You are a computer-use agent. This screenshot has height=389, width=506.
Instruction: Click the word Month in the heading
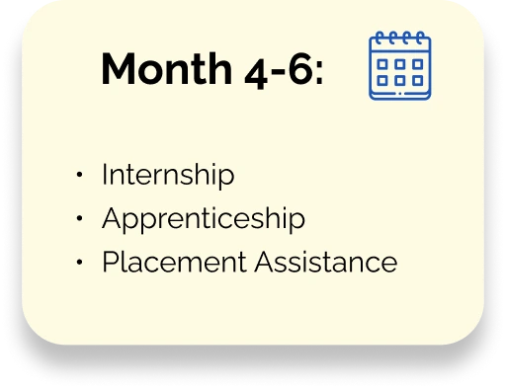pos(167,68)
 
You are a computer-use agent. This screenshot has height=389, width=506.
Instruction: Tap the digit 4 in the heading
pos(256,74)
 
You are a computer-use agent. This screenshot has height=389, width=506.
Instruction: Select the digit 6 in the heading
pos(299,68)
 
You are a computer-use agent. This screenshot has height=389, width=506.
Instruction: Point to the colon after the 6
pos(319,72)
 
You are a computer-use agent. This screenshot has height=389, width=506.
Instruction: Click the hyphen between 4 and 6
pos(278,71)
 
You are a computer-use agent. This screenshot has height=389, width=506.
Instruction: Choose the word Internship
pos(168,175)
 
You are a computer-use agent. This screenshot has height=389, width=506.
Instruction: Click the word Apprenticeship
pos(204,218)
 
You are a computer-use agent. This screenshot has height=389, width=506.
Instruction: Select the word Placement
pos(174,262)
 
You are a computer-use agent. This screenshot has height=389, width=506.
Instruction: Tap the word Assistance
pos(326,262)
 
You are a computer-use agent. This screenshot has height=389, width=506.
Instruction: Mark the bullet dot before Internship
pos(79,175)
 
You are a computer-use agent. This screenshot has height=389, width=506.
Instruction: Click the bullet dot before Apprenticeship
pos(79,218)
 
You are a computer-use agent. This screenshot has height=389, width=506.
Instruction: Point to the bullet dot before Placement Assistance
pos(79,262)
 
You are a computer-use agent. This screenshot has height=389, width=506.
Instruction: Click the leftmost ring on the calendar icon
pos(379,38)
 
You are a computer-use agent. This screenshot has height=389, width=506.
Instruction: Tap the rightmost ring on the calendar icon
pos(420,38)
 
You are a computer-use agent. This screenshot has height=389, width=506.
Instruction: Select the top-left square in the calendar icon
pos(382,64)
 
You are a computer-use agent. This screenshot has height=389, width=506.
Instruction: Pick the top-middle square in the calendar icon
pos(400,64)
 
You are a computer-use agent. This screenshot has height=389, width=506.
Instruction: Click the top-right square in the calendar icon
pos(418,64)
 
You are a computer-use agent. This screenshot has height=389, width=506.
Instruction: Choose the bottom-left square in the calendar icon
pos(382,80)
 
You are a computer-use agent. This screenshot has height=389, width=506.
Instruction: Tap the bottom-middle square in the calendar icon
pos(400,80)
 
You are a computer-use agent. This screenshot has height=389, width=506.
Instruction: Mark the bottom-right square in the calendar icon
pos(418,80)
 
